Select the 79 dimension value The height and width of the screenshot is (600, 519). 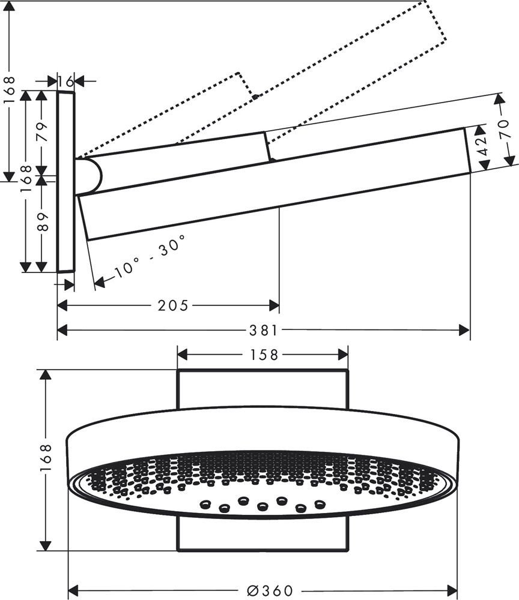tap(41, 131)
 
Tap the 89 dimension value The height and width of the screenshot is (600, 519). tap(41, 221)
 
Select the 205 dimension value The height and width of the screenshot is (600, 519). tap(173, 306)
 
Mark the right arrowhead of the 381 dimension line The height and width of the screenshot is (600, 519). tap(464, 330)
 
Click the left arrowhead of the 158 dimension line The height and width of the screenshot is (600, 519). tap(183, 355)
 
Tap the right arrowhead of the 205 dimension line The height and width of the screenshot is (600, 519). tap(274, 306)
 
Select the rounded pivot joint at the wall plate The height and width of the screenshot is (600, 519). tap(91, 176)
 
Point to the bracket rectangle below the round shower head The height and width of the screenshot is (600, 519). tap(263, 534)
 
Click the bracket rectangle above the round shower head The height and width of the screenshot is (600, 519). tap(263, 389)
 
